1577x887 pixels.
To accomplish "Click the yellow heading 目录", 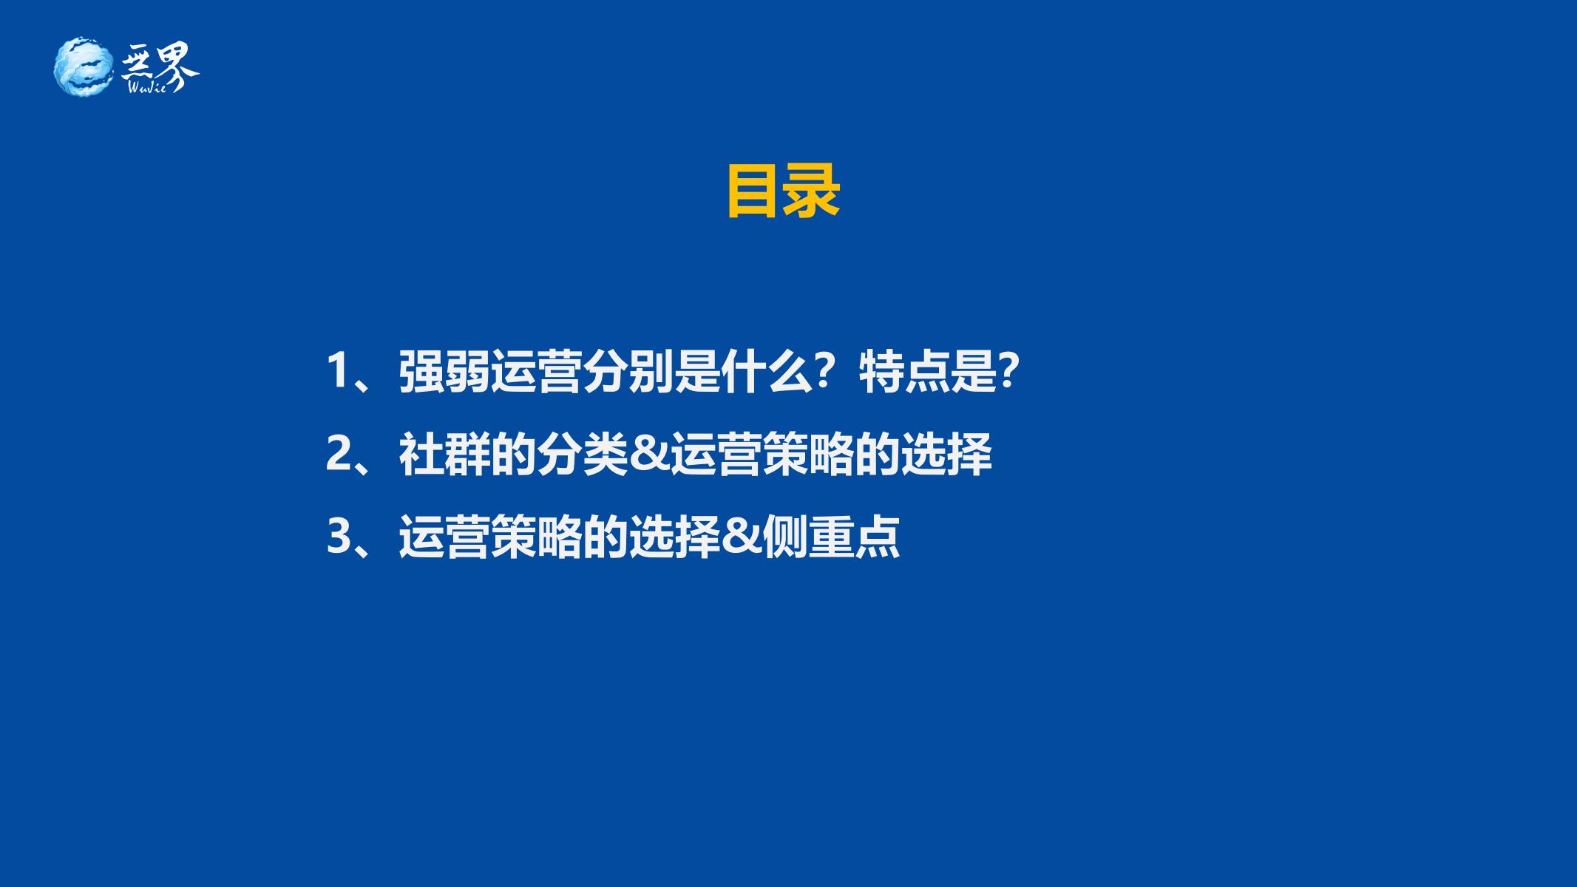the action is (784, 191).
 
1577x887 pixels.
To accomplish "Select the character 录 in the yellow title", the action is (813, 191).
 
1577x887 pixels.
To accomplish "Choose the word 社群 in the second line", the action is (444, 454).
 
